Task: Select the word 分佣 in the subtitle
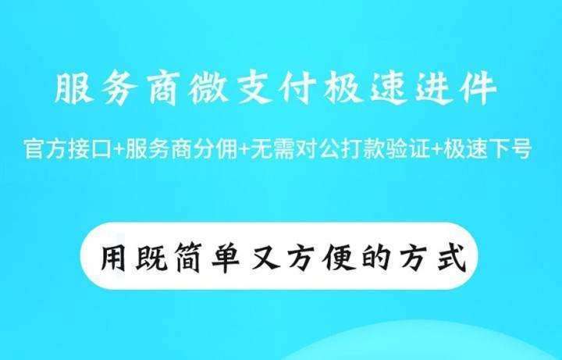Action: [215, 149]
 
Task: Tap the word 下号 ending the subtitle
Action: [509, 149]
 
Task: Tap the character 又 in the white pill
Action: [265, 257]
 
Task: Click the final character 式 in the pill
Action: [452, 257]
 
